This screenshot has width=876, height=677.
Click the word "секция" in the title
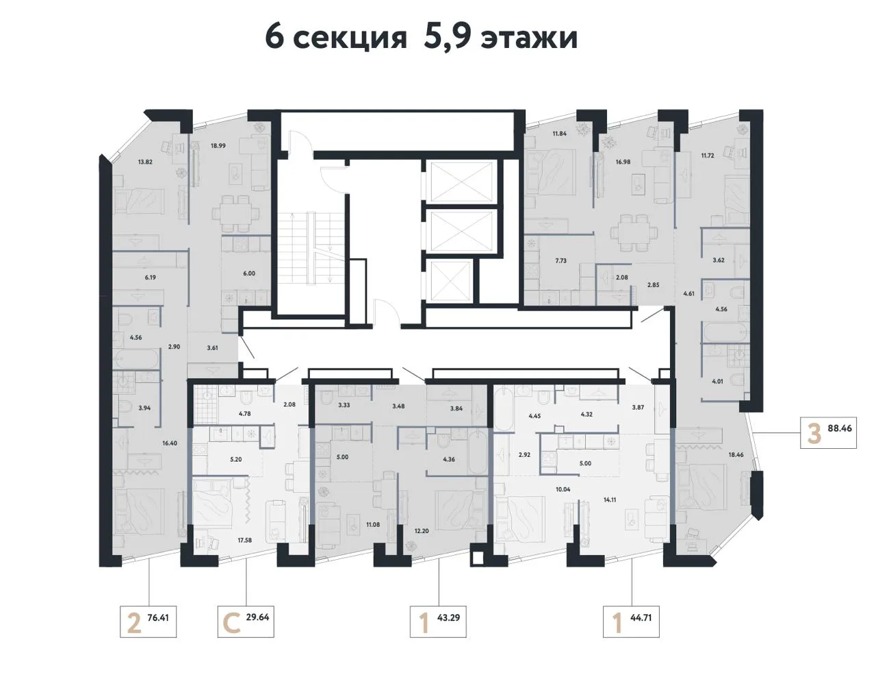(x=350, y=39)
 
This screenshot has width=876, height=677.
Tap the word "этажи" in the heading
(x=529, y=39)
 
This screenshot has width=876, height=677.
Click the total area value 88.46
(x=840, y=428)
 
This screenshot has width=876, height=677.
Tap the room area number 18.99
(x=218, y=146)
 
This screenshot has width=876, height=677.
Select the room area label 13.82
(x=145, y=162)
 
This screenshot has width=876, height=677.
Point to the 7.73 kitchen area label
(x=561, y=260)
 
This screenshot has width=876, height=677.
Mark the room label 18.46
(x=736, y=455)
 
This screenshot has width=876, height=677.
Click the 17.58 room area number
(x=245, y=540)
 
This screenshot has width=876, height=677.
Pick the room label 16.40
(x=170, y=443)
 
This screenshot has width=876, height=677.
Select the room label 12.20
(x=422, y=531)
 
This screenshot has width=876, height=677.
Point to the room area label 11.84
(x=560, y=134)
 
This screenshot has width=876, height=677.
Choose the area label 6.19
(x=150, y=278)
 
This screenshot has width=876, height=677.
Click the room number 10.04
(x=563, y=489)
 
